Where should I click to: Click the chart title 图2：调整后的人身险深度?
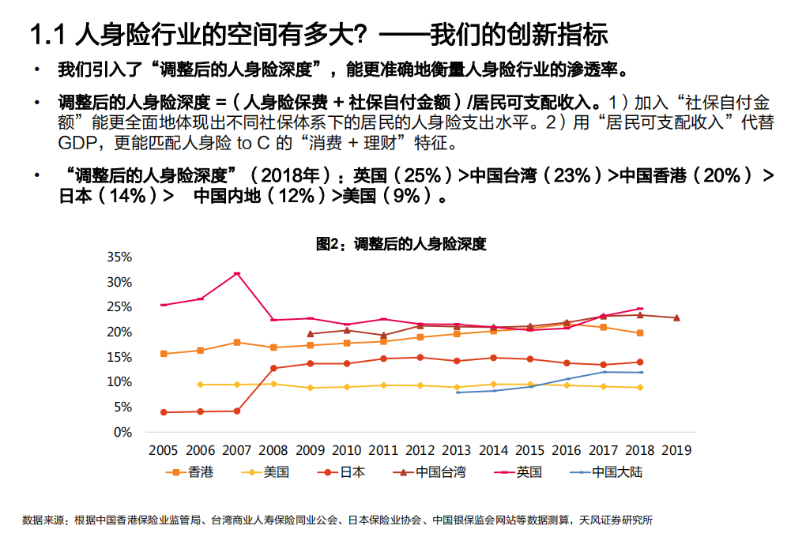point(401,244)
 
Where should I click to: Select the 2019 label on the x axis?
point(676,451)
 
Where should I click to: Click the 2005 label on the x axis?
point(163,451)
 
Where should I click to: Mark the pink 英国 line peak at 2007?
point(236,273)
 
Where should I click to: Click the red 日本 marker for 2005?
point(164,412)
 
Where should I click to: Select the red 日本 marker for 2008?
point(273,368)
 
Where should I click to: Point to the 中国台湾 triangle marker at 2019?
point(676,317)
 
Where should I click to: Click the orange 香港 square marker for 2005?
point(164,354)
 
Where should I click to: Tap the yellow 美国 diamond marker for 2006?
point(200,385)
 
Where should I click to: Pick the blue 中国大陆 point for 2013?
point(458,392)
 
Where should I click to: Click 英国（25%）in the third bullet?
point(405,176)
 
